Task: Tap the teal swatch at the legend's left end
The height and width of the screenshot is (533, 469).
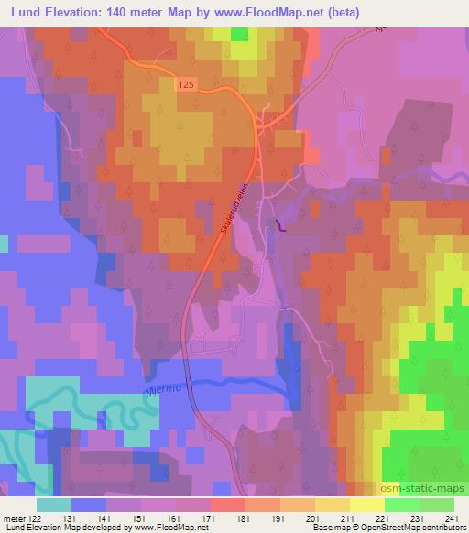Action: pyautogui.click(x=54, y=505)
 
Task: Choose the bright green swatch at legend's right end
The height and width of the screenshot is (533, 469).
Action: pyautogui.click(x=437, y=505)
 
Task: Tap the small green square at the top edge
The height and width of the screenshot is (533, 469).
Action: pyautogui.click(x=239, y=34)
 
